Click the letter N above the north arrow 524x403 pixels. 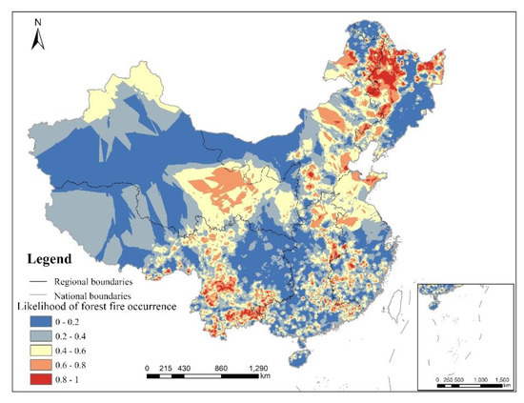36,18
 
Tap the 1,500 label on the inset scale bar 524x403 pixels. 501,378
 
